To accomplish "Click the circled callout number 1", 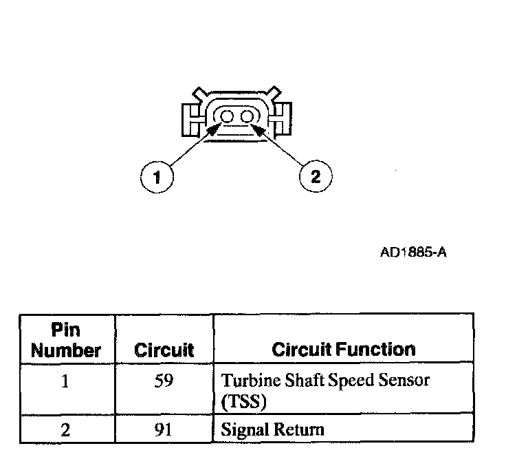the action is coord(157,178).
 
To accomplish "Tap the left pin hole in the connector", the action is coord(227,118).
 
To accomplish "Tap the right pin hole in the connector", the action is coord(245,118).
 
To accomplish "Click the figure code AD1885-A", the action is coord(413,252).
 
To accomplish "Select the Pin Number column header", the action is coord(67,341).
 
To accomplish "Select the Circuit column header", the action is coord(164,350).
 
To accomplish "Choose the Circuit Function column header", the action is coord(344,350).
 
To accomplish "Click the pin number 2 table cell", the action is coord(65,431).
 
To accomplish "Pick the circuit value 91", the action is coord(164,431).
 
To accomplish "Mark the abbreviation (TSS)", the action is coord(238,401).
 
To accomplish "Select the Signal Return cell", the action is coord(272,431).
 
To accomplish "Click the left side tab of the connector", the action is coord(191,120).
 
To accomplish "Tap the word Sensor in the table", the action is coord(409,381).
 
